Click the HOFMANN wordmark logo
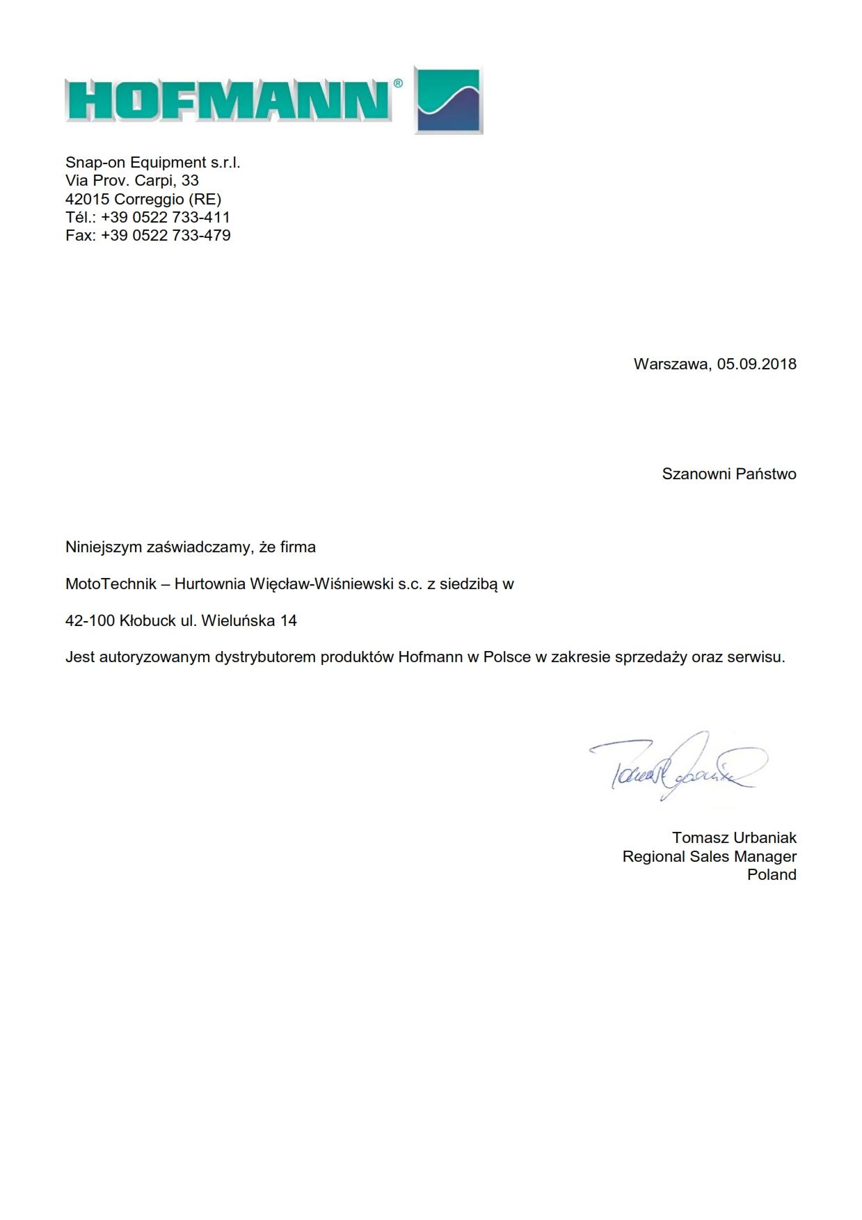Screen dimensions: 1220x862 pyautogui.click(x=228, y=101)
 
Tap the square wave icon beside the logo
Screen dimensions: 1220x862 pyautogui.click(x=449, y=101)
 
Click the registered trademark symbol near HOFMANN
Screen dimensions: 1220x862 pyautogui.click(x=398, y=83)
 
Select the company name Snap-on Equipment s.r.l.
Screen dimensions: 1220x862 pyautogui.click(x=152, y=163)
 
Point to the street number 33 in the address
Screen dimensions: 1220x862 pyautogui.click(x=190, y=181)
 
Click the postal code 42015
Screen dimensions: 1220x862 pyautogui.click(x=88, y=199)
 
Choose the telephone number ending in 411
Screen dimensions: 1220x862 pyautogui.click(x=166, y=217)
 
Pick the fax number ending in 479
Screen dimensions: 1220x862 pyautogui.click(x=166, y=235)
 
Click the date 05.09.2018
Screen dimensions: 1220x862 pyautogui.click(x=757, y=364)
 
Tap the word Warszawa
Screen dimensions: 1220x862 pyautogui.click(x=671, y=364)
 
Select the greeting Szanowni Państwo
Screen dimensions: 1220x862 pyautogui.click(x=728, y=474)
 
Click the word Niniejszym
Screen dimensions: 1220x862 pyautogui.click(x=104, y=547)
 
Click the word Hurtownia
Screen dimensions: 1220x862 pyautogui.click(x=209, y=584)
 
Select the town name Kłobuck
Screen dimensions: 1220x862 pyautogui.click(x=147, y=620)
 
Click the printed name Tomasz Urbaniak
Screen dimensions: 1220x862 pyautogui.click(x=734, y=837)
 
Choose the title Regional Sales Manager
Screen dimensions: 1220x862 pyautogui.click(x=709, y=856)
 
